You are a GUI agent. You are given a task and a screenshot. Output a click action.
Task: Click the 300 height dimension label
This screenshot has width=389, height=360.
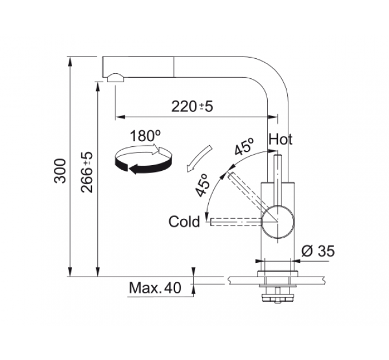tap(61, 171)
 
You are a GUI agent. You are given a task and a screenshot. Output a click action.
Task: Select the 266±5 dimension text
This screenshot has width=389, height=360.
tap(87, 172)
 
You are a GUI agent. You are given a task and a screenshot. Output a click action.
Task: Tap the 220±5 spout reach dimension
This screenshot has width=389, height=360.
tap(192, 106)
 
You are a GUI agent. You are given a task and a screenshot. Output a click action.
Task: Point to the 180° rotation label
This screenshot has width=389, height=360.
tap(145, 135)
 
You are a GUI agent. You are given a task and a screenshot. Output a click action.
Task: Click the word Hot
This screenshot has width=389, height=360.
tap(280, 139)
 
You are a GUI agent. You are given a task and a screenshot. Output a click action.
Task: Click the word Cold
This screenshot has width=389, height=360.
tap(184, 222)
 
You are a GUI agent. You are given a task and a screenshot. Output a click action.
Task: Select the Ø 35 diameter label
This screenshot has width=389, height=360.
tap(318, 251)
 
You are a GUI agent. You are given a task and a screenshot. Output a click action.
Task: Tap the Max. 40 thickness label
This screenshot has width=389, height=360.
tap(155, 288)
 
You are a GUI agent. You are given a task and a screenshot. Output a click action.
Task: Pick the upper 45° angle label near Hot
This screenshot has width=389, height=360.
tap(244, 146)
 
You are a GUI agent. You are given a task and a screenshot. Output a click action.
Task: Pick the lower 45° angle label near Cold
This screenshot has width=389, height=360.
tap(202, 185)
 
